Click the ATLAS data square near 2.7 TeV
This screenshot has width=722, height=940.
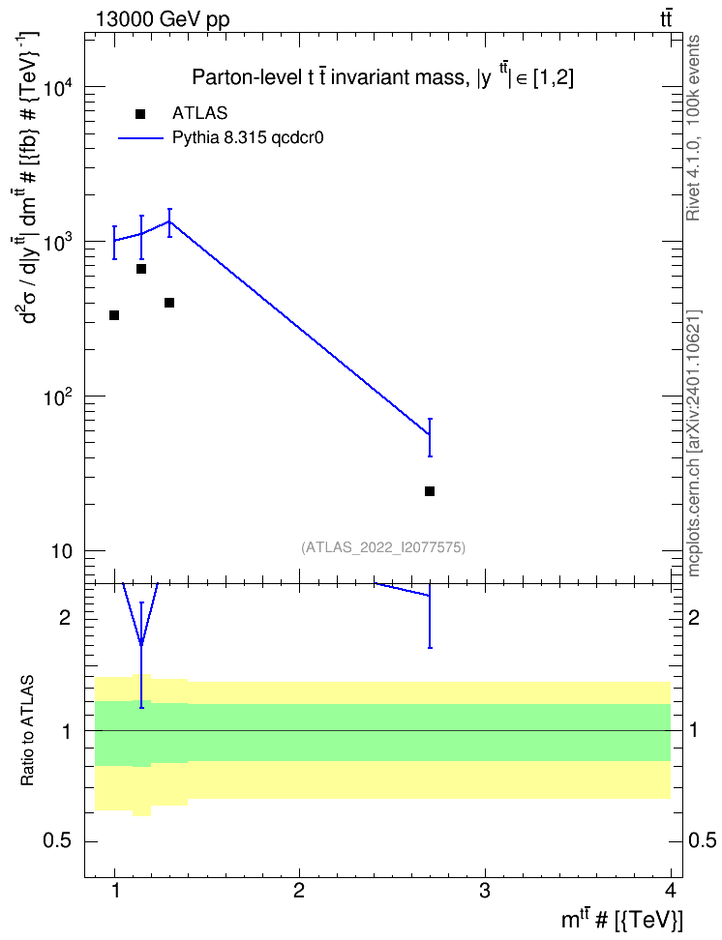pos(429,491)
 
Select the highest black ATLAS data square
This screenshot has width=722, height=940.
pos(141,269)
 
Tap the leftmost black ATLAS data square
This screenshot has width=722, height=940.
pos(114,315)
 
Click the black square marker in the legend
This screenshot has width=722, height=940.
pos(140,114)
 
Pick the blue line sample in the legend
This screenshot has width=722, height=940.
pos(140,138)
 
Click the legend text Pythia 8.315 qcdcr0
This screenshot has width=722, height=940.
pos(248,138)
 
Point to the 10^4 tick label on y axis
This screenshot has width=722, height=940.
pos(58,88)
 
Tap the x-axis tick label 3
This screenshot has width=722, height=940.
pos(485,891)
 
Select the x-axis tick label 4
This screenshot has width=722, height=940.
pos(670,891)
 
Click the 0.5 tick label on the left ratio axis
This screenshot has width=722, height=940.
pos(58,841)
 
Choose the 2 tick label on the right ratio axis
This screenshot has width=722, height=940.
pos(693,618)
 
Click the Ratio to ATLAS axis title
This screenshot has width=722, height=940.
pos(27,731)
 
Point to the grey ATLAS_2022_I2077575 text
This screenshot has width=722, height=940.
pos(383,547)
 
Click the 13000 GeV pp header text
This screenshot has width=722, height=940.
pos(163,19)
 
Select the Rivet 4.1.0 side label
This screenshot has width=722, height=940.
pos(693,128)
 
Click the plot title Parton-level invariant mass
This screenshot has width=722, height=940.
pos(382,76)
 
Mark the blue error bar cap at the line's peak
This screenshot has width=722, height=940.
pos(169,209)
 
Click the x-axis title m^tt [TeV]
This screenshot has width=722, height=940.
pos(621,919)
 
